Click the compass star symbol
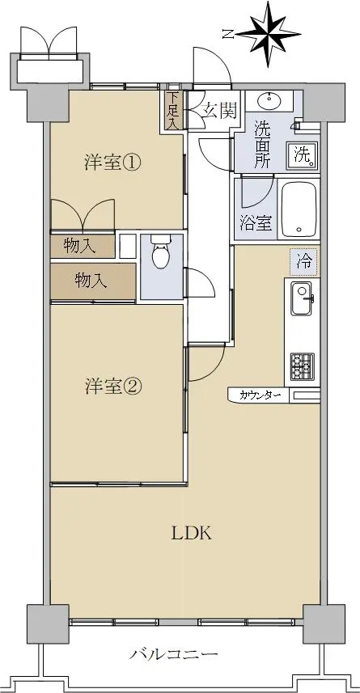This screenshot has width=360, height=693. point(269,34)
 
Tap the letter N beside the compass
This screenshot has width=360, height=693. point(229,34)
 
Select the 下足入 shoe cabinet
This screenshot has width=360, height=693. point(172,110)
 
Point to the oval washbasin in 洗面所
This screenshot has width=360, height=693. point(269,101)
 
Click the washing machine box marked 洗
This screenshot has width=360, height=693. point(303,155)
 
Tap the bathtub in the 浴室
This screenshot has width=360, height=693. point(299,209)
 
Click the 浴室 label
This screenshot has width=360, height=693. point(256,223)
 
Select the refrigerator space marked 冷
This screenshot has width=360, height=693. point(304,262)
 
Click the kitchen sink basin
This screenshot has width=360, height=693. point(302,298)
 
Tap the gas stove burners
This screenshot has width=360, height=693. point(303,367)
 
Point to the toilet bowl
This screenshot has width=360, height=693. point(160,251)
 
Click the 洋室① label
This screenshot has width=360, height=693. point(112,163)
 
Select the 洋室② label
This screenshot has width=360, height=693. point(112,387)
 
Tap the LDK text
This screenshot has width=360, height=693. point(192,534)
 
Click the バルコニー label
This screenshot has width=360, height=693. point(173,653)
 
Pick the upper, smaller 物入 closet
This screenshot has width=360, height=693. point(83,246)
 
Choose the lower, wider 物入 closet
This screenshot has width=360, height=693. point(93,281)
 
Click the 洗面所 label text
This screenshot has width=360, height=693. point(262,144)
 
